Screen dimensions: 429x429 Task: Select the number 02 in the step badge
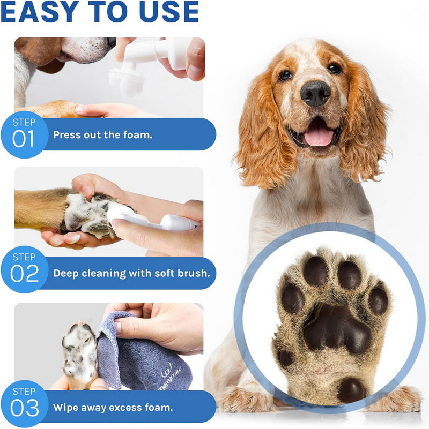(25, 273)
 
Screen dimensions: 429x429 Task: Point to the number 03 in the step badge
(25, 408)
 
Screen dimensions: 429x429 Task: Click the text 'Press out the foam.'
(102, 134)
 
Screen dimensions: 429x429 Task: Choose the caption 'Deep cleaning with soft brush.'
(131, 273)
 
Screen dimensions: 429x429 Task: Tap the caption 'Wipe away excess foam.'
(113, 407)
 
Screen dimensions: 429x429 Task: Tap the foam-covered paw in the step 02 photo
(88, 214)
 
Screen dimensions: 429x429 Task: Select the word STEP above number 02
(24, 257)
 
